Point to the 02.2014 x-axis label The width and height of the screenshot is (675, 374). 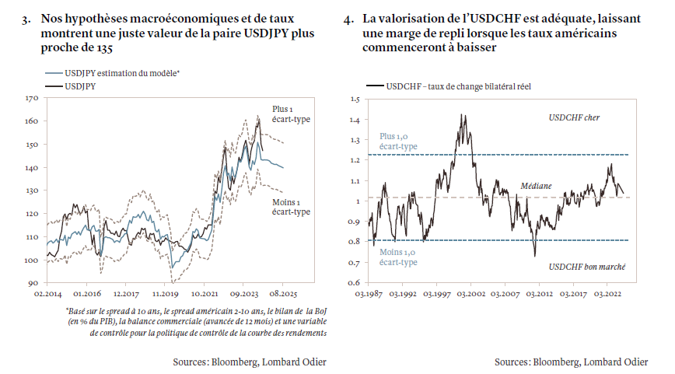(x=47, y=295)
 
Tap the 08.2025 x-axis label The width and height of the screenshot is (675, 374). (x=282, y=295)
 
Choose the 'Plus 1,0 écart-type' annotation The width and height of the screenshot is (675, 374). (x=399, y=141)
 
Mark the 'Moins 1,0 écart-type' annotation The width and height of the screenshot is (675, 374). (x=399, y=257)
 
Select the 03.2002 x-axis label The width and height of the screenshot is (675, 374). (x=471, y=295)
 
